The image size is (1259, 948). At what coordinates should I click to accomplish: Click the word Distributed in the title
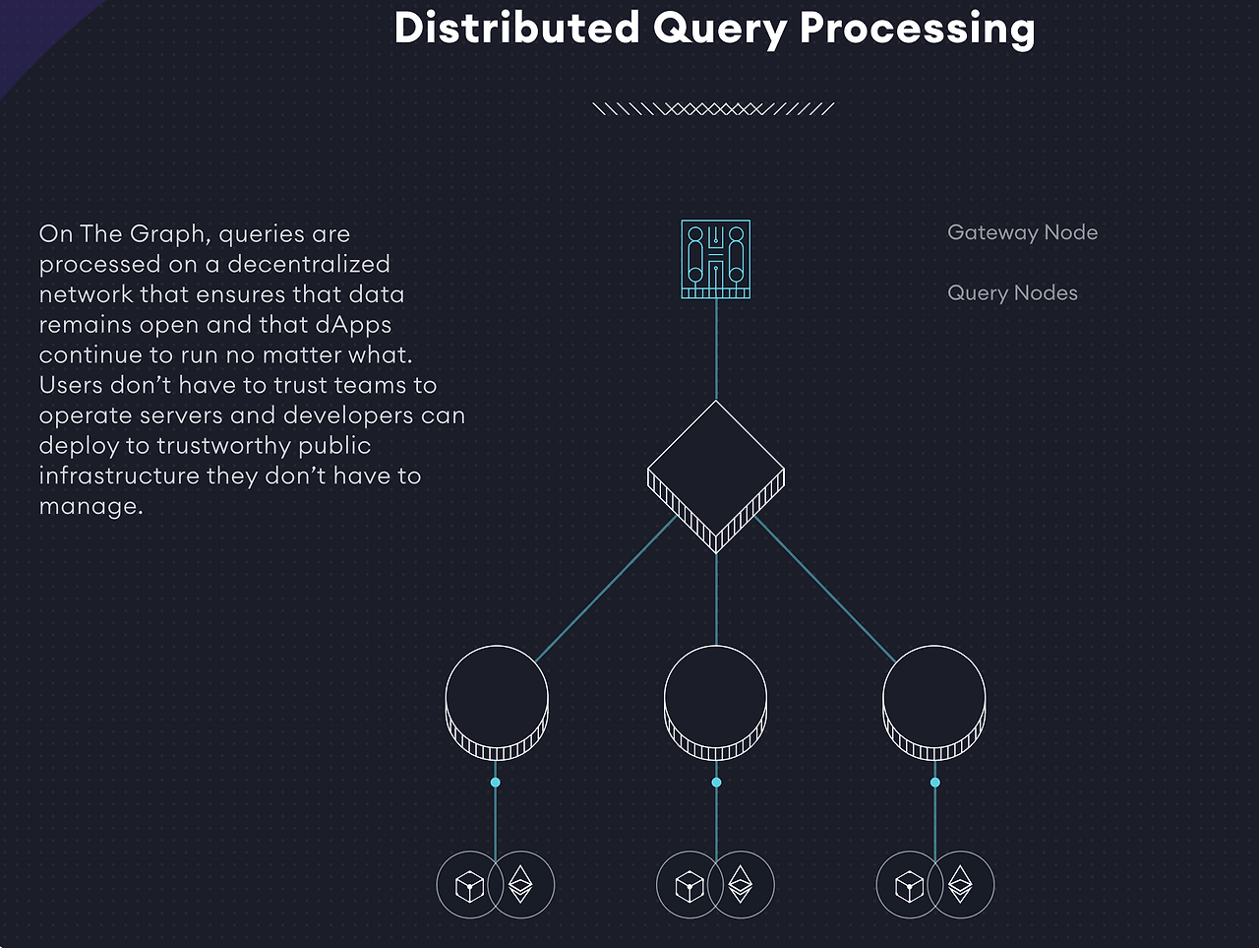[516, 28]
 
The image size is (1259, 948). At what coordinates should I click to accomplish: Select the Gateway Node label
[1023, 232]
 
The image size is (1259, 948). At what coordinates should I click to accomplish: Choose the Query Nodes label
[1012, 293]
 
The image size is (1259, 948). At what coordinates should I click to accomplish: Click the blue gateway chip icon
[716, 259]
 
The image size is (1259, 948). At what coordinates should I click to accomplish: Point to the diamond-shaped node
[716, 476]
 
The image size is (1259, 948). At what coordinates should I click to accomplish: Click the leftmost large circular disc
[497, 703]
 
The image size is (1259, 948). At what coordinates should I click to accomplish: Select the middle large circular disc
[716, 703]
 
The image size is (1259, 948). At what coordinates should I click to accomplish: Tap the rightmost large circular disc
[934, 703]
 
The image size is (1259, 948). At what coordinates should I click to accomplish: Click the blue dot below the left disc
[496, 783]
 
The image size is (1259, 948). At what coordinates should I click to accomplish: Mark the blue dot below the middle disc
[716, 783]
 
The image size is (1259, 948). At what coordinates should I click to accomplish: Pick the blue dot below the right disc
[935, 783]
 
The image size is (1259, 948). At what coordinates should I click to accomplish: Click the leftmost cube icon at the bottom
[469, 887]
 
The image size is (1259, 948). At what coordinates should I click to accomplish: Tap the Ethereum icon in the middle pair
[741, 884]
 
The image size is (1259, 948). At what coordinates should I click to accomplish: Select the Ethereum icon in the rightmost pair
[960, 884]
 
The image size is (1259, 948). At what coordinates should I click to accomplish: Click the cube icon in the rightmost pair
[909, 887]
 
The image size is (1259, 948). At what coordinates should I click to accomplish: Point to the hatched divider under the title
[713, 108]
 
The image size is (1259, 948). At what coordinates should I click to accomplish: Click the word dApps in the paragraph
[353, 326]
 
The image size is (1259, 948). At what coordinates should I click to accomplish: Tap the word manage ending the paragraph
[88, 506]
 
